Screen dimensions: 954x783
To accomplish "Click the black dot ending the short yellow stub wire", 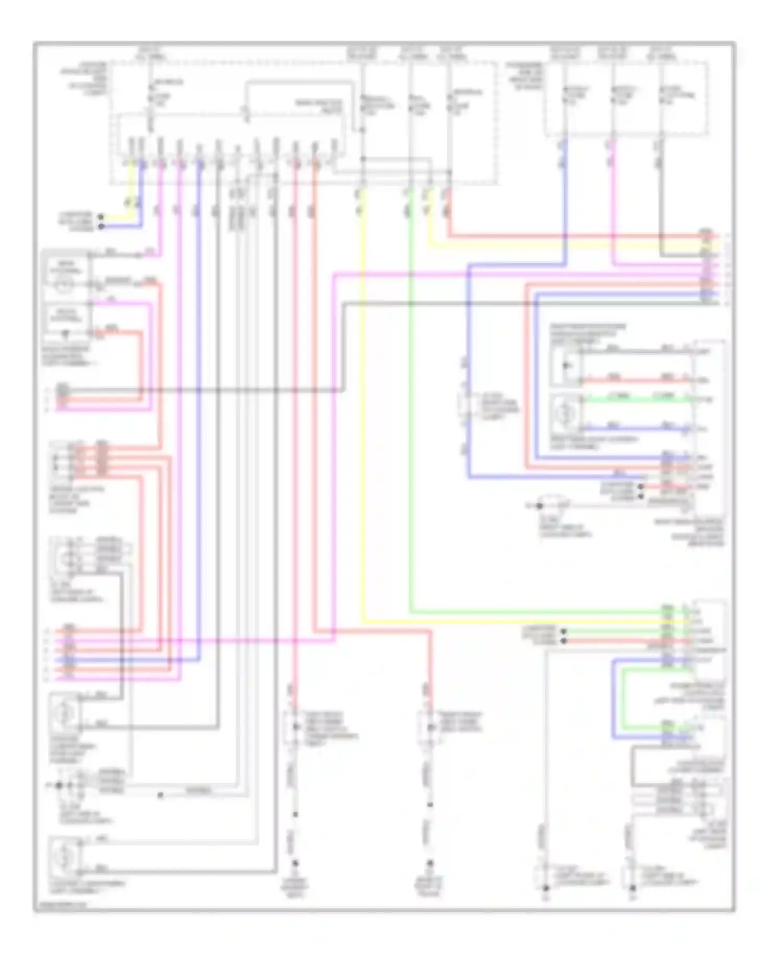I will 101,216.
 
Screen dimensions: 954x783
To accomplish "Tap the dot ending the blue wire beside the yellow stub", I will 101,226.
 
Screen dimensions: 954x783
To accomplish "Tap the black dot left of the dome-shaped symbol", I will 540,506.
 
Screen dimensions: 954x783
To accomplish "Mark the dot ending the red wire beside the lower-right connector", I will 563,641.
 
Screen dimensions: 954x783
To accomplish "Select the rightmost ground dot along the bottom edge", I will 633,888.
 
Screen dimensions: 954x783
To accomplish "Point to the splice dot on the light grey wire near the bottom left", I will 160,795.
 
